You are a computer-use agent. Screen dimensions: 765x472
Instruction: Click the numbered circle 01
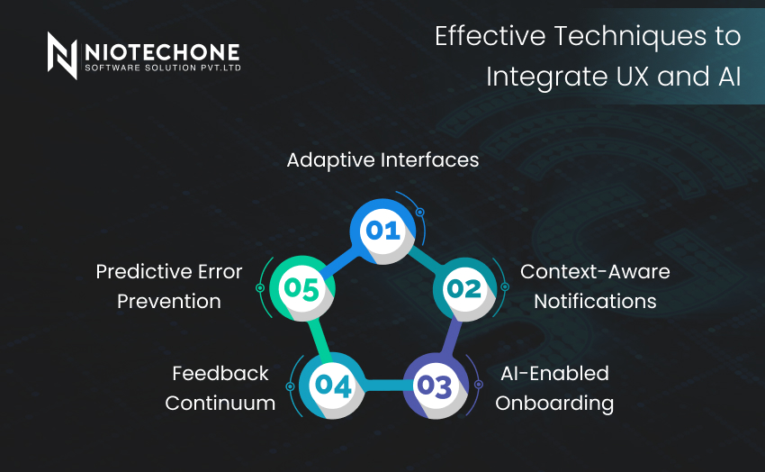[x=383, y=231]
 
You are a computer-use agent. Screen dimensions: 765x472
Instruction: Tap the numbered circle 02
[x=465, y=289]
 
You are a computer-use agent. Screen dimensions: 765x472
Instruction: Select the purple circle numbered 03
[x=436, y=386]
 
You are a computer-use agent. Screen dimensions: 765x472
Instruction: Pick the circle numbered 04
[x=332, y=386]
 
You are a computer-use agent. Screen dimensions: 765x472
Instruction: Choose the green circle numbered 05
[x=302, y=288]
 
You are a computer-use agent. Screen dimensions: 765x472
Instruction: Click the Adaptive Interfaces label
[x=383, y=160]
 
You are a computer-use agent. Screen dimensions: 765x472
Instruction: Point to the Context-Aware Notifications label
[x=595, y=286]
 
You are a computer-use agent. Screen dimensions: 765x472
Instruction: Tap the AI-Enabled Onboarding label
[x=554, y=388]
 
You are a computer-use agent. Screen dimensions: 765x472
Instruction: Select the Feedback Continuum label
[x=220, y=388]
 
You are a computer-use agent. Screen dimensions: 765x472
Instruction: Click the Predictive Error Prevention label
[x=169, y=286]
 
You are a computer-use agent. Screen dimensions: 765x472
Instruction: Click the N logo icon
[x=62, y=56]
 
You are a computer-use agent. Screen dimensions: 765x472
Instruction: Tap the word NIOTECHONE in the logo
[x=163, y=52]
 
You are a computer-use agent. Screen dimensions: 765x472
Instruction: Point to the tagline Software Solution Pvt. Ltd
[x=163, y=68]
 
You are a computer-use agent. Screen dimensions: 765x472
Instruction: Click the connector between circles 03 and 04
[x=384, y=386]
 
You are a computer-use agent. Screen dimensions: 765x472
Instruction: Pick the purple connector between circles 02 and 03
[x=451, y=338]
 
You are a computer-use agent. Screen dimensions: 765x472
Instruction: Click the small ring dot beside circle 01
[x=419, y=213]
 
